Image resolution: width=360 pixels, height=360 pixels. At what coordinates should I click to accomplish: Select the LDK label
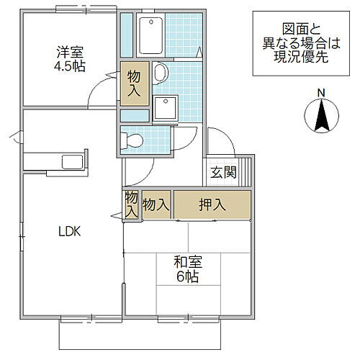pos(69,231)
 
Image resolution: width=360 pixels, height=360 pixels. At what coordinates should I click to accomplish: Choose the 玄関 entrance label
pos(223,173)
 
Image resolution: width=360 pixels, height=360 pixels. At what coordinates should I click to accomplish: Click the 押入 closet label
pos(213,205)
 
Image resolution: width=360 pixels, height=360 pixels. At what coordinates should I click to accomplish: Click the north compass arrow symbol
pos(322,117)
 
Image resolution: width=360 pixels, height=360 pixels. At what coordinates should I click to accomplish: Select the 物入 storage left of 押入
pos(156,205)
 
